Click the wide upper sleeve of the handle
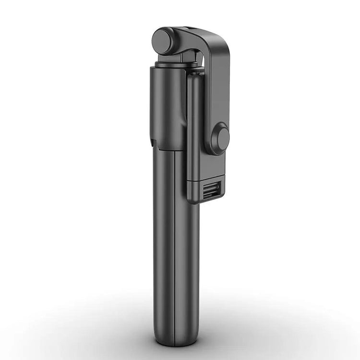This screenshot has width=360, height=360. pos(166,106)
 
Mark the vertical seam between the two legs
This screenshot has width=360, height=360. pos(174,240)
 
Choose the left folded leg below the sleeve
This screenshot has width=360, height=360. pos(162,230)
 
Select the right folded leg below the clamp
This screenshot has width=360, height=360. pos(187,250)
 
